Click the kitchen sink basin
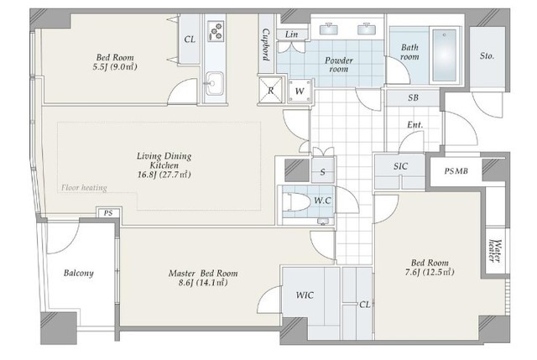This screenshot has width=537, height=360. (x=214, y=82)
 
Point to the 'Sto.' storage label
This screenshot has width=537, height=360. (x=487, y=56)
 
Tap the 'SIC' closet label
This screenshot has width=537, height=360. (x=401, y=166)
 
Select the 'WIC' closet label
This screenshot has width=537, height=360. (x=305, y=295)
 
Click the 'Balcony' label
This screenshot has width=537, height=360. (x=78, y=274)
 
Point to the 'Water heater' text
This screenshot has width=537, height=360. (x=496, y=251)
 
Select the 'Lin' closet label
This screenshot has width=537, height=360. (x=291, y=34)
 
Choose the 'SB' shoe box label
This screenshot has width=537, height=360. (x=412, y=97)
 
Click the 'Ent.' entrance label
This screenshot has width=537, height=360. (x=414, y=126)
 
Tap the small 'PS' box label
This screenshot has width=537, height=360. (x=107, y=213)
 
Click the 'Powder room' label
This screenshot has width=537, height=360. (x=339, y=65)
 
